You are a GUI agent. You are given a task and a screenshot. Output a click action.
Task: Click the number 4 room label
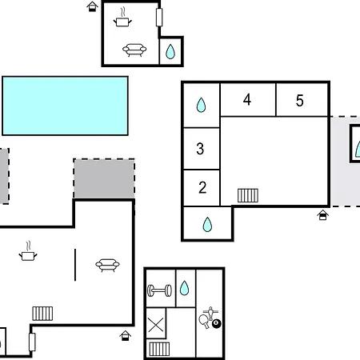(x=247, y=100)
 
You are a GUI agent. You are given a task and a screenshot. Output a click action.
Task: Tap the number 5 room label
(x=300, y=101)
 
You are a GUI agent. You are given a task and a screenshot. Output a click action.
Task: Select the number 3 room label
(x=200, y=149)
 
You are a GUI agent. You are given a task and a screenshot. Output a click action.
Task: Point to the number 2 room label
(x=202, y=187)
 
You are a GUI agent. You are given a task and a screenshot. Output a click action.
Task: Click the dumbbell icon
(x=159, y=290)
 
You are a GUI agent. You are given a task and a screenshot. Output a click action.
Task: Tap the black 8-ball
(x=217, y=324)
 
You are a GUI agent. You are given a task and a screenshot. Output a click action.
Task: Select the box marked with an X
(x=156, y=323)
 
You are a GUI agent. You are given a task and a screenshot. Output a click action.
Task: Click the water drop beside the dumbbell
(x=184, y=288)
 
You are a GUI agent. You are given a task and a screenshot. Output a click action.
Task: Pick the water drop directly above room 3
(x=201, y=105)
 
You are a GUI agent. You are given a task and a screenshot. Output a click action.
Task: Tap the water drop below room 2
(x=207, y=224)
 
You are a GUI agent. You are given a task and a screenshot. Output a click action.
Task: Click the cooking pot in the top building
(x=122, y=18)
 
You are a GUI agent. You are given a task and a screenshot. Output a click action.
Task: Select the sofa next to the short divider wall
(x=107, y=265)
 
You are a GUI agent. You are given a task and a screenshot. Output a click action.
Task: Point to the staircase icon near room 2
(x=248, y=195)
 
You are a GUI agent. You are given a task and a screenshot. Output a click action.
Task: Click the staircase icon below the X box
(x=159, y=349)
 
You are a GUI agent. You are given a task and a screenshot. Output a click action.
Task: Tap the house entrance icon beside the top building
(x=92, y=6)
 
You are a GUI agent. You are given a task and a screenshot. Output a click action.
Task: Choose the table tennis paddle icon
(x=205, y=321)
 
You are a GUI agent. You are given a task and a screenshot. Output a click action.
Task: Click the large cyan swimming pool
(x=65, y=106)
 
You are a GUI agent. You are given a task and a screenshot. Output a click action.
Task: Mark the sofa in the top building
(x=134, y=50)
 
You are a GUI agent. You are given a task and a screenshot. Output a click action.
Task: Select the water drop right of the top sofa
(x=170, y=51)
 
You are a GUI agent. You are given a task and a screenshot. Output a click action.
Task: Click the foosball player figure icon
(x=210, y=313)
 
